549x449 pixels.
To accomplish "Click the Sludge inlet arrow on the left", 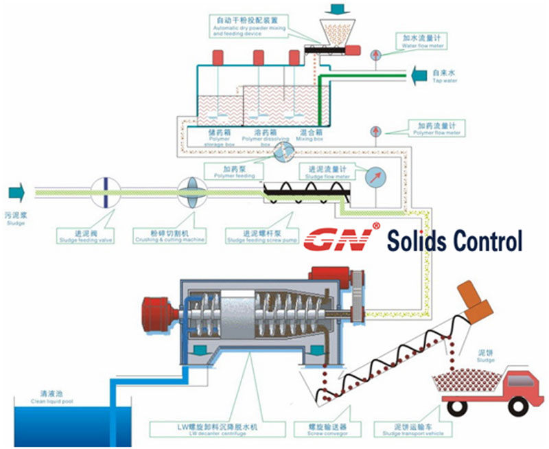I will (15, 193).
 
